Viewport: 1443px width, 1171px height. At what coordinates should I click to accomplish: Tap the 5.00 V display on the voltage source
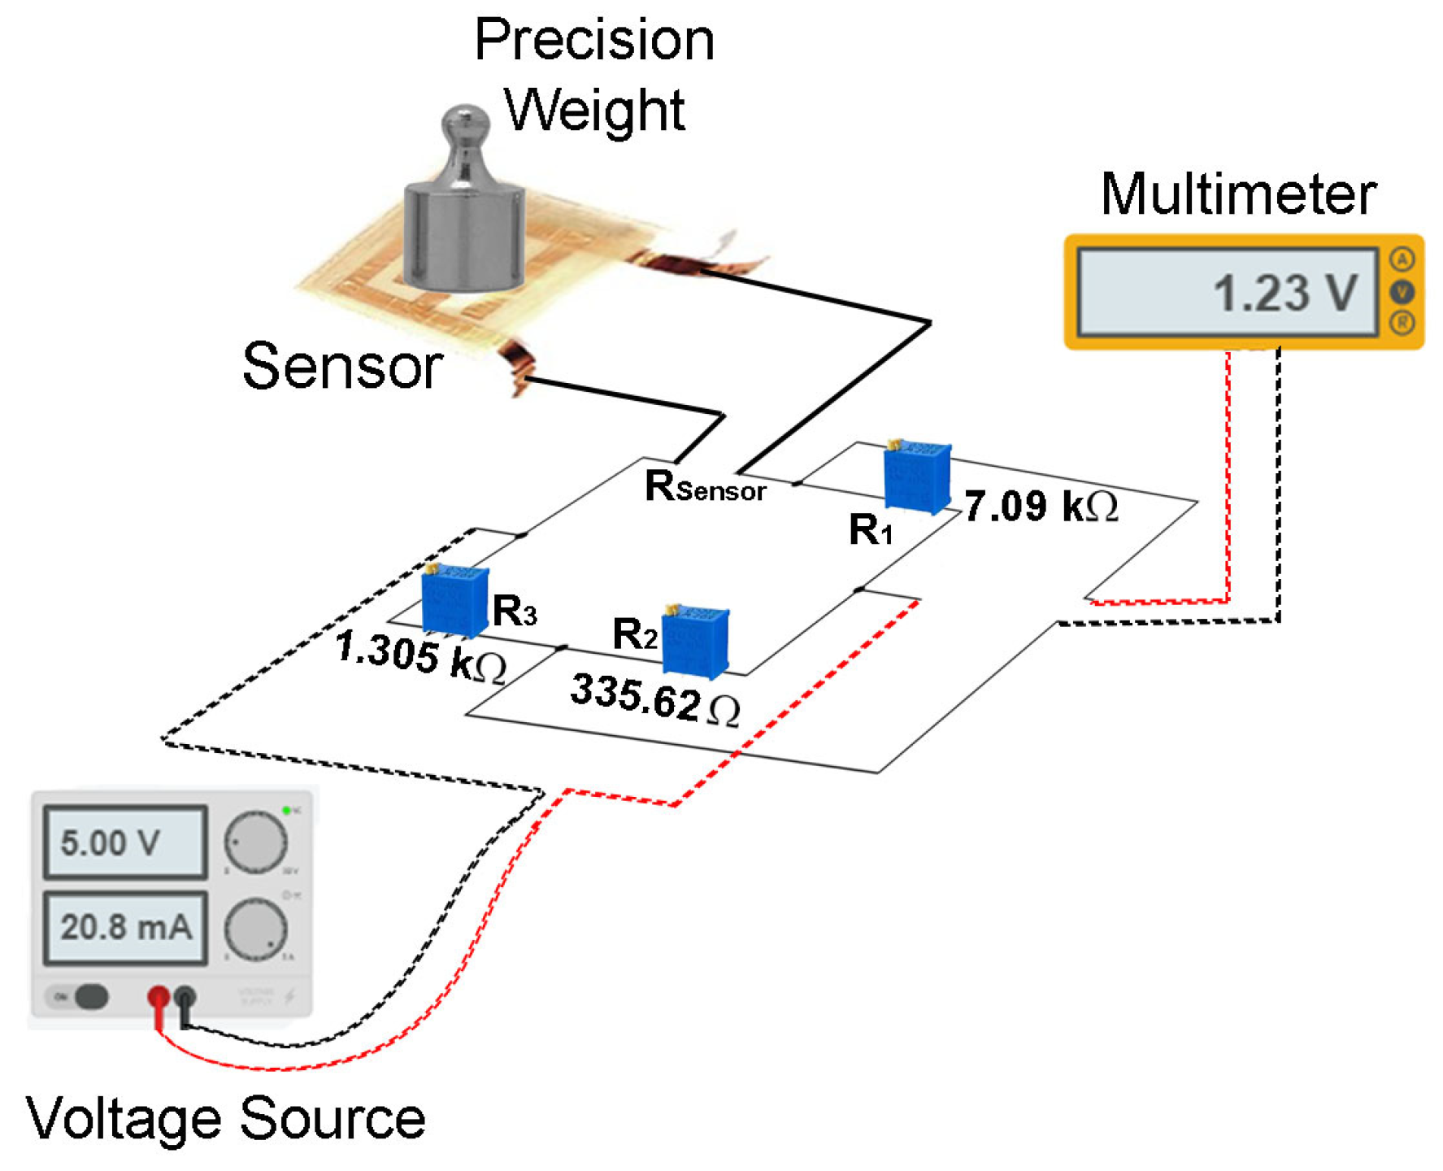click(124, 842)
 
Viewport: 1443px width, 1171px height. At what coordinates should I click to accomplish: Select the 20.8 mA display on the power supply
click(124, 927)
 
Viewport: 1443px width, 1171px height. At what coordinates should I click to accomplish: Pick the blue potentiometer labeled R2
click(695, 642)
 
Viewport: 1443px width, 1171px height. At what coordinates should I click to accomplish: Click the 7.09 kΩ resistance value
click(1041, 506)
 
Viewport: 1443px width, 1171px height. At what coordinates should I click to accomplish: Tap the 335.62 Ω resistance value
click(654, 699)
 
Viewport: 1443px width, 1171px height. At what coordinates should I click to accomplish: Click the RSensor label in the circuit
click(704, 488)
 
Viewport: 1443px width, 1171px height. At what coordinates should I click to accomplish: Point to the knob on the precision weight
click(465, 126)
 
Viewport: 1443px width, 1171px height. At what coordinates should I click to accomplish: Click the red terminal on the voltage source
click(159, 997)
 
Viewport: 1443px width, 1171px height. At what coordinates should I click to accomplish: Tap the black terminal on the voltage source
click(185, 997)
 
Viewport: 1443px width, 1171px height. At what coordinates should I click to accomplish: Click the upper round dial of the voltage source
click(255, 842)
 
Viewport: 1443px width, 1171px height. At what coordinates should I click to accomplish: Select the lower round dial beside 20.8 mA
click(255, 929)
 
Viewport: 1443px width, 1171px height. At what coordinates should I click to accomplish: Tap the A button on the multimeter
click(1402, 260)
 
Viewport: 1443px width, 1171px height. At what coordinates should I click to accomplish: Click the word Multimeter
click(1237, 195)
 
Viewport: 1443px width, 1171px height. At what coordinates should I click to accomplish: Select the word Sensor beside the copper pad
click(342, 367)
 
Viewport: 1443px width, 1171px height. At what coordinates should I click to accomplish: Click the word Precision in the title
click(594, 40)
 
